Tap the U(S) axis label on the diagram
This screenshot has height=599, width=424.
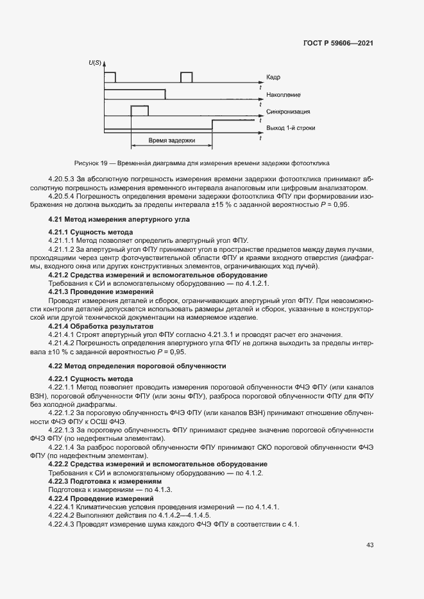(x=96, y=62)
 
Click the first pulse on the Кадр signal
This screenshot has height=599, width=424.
(x=110, y=78)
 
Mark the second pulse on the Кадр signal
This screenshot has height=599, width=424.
(x=186, y=78)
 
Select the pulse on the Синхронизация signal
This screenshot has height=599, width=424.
(x=139, y=111)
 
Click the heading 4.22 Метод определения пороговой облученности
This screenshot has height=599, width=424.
(x=137, y=366)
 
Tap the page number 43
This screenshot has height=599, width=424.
(x=369, y=545)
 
